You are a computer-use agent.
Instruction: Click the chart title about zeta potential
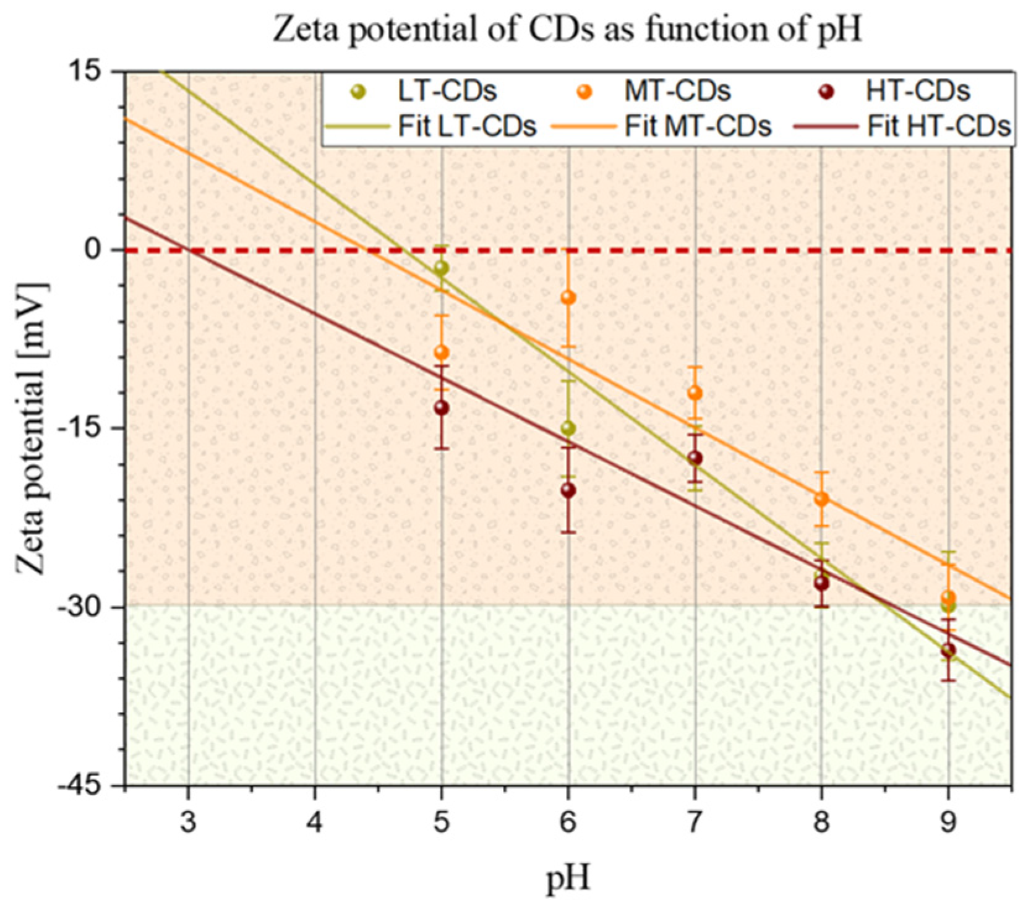[567, 29]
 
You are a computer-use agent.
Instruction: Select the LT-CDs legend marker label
[447, 92]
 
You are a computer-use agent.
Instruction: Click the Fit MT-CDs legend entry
[698, 126]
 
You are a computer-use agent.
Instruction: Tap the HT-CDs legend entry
[918, 92]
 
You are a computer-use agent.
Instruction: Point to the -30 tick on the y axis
[87, 607]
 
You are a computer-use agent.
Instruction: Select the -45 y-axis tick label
[87, 785]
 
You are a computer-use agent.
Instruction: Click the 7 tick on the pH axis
[695, 822]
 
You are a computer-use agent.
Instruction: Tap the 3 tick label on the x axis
[188, 822]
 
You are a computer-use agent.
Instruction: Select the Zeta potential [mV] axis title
[31, 428]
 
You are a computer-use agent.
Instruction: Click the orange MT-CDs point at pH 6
[568, 298]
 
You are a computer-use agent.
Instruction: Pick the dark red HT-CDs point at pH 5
[442, 408]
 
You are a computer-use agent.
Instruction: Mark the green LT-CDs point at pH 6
[568, 428]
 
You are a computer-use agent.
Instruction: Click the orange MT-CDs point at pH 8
[821, 499]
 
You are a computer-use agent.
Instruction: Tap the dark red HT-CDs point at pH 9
[948, 650]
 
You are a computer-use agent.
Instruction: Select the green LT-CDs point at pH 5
[442, 268]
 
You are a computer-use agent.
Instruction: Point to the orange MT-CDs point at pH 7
[695, 393]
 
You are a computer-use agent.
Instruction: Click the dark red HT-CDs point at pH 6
[568, 490]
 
